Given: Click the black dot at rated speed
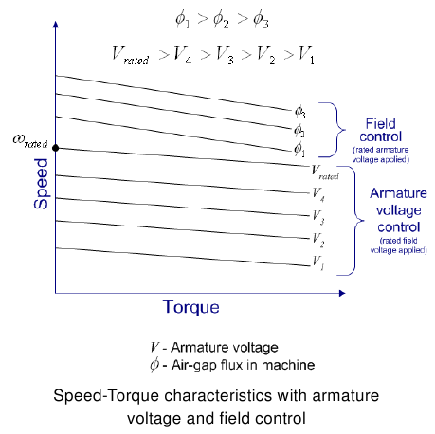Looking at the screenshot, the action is [x=56, y=148].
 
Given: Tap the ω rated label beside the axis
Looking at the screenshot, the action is [x=30, y=141].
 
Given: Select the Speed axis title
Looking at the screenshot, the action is [x=41, y=184].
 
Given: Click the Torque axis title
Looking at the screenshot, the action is [x=191, y=307].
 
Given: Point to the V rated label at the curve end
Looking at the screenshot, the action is [x=325, y=172].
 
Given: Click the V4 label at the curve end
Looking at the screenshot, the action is [x=318, y=194].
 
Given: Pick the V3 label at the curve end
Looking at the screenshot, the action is [x=318, y=217].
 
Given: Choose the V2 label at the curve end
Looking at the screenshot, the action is [x=318, y=240].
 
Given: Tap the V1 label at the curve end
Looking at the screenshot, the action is [x=318, y=262].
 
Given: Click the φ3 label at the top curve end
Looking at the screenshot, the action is [x=299, y=112].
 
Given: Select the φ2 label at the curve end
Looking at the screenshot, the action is [x=299, y=130].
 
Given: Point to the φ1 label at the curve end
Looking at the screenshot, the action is [x=299, y=150].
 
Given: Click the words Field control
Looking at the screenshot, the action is [x=381, y=130].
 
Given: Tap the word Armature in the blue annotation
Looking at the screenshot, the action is [x=398, y=193].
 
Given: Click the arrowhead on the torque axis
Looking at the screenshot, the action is [x=342, y=293].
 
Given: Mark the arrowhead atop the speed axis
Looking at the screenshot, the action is [x=56, y=25].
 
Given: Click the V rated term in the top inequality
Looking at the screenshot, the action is [x=130, y=56].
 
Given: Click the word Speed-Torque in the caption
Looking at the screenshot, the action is [x=106, y=396].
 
